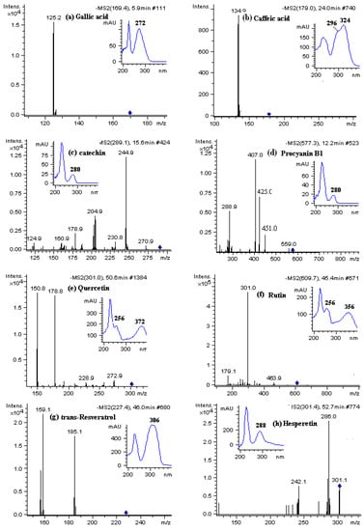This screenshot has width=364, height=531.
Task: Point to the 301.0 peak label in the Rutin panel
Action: pyautogui.click(x=250, y=288)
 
